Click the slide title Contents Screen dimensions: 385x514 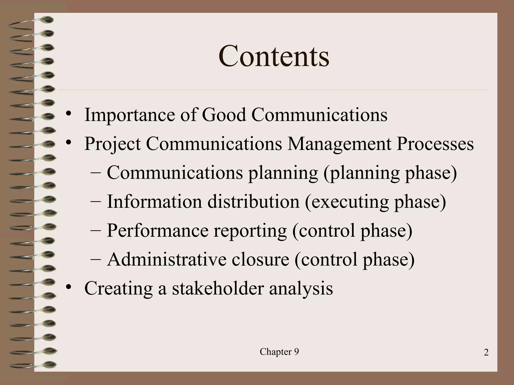coord(274,56)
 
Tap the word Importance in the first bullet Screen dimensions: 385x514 coord(130,115)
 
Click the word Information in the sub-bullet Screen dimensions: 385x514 coord(154,202)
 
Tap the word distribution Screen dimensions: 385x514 coord(253,202)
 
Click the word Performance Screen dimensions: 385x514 coord(158,230)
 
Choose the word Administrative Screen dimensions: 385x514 coord(167,259)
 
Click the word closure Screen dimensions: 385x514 coord(260,259)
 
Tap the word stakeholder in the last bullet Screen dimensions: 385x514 coord(218,288)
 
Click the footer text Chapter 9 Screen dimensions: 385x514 coord(279,352)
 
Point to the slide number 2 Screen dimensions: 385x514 coord(486,353)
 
